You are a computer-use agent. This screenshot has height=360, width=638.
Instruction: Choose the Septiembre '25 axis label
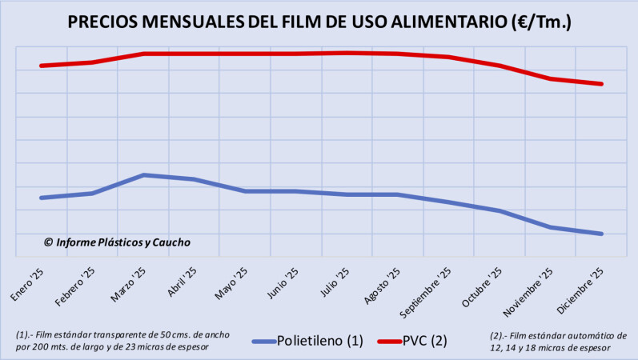coord(432,289)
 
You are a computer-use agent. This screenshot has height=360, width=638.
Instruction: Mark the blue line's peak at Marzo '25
coord(143,174)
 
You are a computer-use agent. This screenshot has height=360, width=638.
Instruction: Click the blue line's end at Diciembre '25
coord(601,234)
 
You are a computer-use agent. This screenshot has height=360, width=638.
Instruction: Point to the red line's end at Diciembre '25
coord(601,83)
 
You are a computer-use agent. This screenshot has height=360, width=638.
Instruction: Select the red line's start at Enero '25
coord(41,66)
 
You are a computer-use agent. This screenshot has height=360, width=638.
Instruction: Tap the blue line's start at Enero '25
coord(41,198)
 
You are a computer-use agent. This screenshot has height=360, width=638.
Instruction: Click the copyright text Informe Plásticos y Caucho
coord(117,242)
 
